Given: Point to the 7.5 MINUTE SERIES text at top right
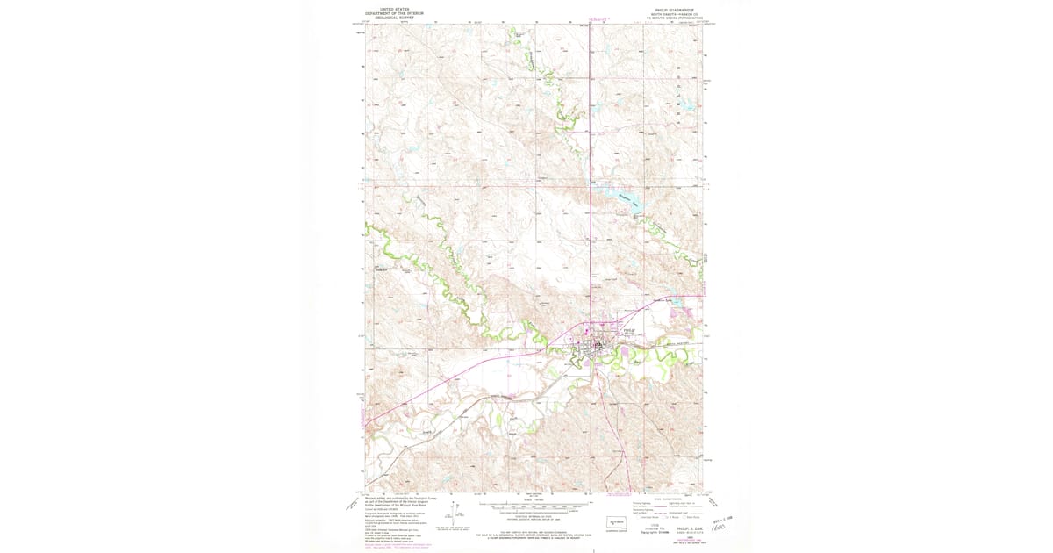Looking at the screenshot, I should pos(673,18).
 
